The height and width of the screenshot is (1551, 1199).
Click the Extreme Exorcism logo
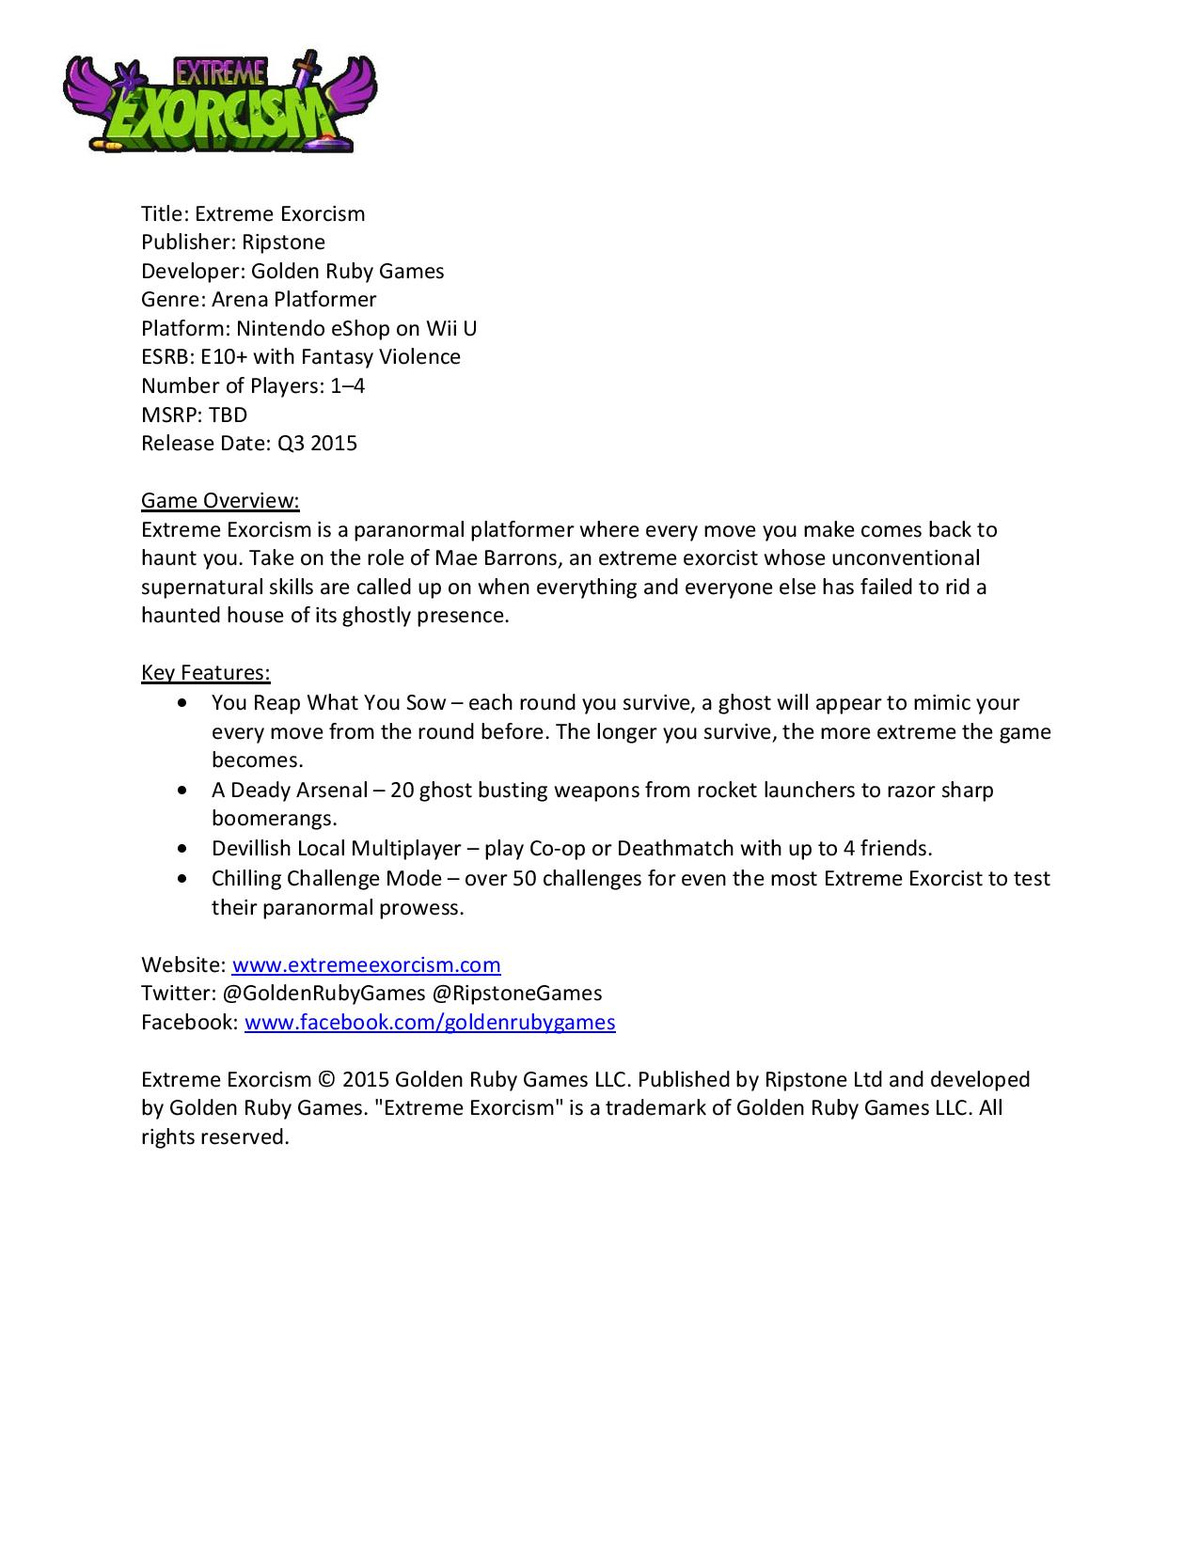click(220, 102)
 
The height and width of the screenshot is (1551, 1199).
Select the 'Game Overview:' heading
click(220, 500)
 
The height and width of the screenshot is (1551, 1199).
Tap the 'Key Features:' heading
click(206, 673)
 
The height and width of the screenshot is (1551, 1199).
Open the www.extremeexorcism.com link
click(366, 964)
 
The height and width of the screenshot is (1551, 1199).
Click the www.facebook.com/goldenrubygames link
click(430, 1023)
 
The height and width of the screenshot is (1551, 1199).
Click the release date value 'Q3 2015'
click(317, 443)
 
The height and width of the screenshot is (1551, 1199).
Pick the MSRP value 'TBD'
click(228, 415)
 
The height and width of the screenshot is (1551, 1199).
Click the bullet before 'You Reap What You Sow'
click(181, 703)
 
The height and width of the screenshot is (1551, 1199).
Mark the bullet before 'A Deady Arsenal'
click(181, 791)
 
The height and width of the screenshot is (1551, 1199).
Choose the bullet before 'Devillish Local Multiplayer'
click(181, 849)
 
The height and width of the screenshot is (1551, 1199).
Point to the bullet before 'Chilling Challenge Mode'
click(181, 879)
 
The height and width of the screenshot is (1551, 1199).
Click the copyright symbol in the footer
click(326, 1080)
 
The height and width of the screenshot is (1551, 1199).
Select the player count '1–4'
click(348, 385)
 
